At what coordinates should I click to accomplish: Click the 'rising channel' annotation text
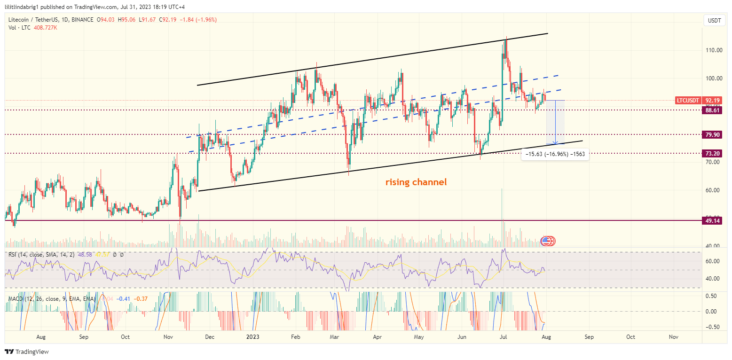[x=416, y=182]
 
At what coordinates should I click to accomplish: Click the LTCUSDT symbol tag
[x=688, y=100]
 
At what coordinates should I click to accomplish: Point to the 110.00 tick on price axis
[x=714, y=50]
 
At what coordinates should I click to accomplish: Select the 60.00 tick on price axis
[x=714, y=190]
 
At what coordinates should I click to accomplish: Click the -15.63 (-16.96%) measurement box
[x=555, y=154]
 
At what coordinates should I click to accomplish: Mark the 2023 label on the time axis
[x=253, y=337]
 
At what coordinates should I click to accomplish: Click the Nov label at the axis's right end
[x=673, y=337]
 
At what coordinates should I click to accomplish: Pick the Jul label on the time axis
[x=504, y=337]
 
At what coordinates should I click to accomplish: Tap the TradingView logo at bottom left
[x=27, y=352]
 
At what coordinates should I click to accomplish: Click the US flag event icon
[x=546, y=241]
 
